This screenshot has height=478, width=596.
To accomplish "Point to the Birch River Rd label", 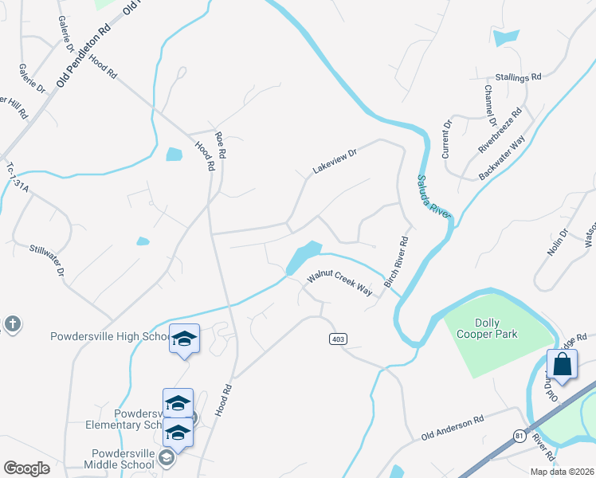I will (396, 262).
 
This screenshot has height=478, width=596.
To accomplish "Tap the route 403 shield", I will (337, 339).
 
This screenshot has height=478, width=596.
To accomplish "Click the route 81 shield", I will (520, 435).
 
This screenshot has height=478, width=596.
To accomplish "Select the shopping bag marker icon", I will (562, 365).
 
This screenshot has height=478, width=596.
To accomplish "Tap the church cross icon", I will (11, 324).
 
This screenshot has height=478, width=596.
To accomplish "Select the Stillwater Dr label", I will (46, 261).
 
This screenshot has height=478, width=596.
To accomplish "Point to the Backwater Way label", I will (503, 157).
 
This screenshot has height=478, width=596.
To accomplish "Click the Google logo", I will (26, 468).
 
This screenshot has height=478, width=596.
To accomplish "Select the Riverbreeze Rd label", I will (500, 129).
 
